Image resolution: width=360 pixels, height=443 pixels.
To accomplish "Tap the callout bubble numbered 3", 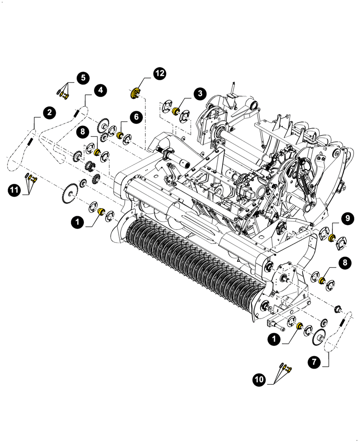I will (200, 93).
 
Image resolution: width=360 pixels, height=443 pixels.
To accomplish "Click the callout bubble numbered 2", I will (49, 112).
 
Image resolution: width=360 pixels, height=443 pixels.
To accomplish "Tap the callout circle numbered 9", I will (347, 218).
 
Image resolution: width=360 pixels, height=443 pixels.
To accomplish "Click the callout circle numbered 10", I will (259, 379).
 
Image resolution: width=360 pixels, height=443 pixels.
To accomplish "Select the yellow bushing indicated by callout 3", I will (176, 111).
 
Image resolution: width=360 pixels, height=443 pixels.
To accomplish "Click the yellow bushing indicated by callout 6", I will (119, 135).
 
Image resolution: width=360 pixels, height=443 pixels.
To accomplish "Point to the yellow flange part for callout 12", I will (135, 93).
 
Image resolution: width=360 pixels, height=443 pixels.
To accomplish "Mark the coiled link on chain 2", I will (31, 142).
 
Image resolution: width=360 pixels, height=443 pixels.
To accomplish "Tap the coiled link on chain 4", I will (76, 113).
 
